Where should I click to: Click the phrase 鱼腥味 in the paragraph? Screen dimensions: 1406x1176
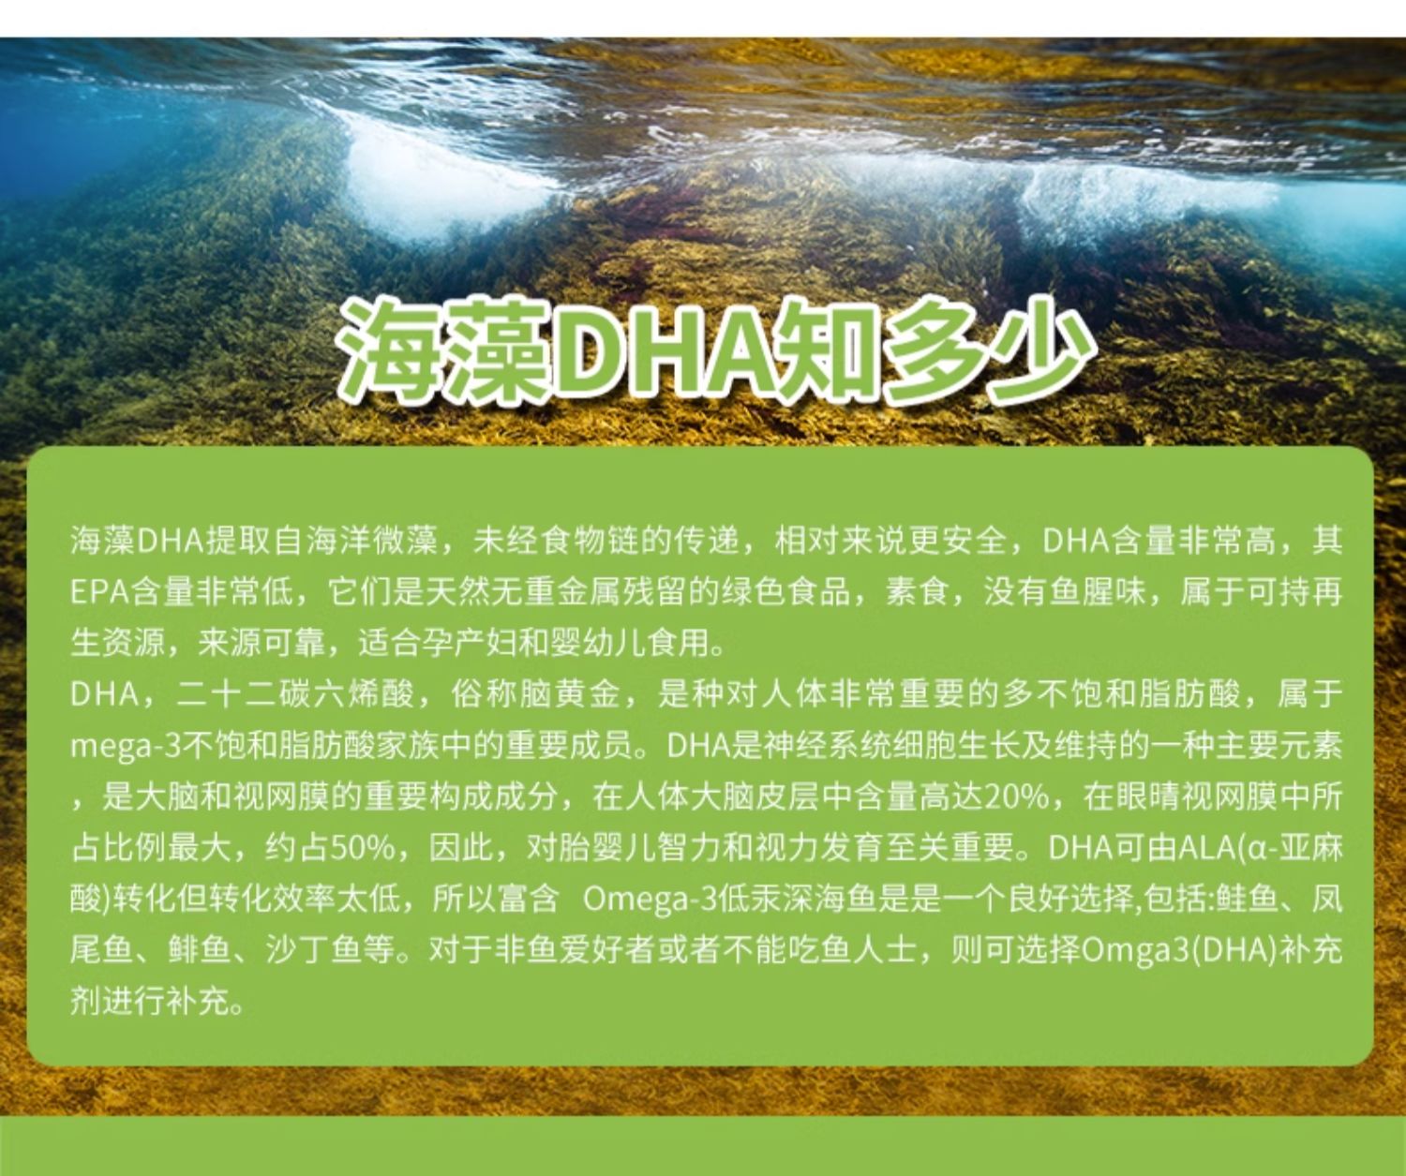tap(1096, 592)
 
